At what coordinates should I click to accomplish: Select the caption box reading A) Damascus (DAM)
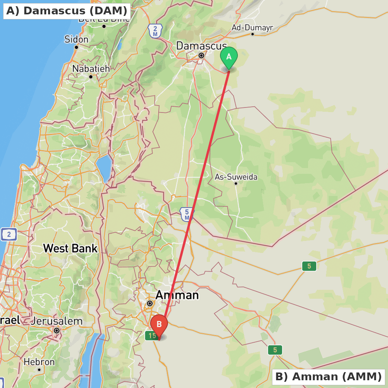click(67, 11)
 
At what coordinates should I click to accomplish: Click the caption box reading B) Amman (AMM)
click(328, 376)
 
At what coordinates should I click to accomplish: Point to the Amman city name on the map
click(177, 295)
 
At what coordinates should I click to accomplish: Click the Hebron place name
click(39, 362)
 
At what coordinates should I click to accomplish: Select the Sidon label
click(76, 39)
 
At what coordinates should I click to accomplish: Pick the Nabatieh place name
click(91, 69)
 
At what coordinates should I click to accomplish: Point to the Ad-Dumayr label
click(252, 28)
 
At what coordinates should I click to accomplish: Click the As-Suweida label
click(236, 177)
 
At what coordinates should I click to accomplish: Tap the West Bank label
click(70, 248)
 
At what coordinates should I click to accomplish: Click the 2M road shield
click(155, 31)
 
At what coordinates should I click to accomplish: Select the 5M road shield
click(187, 214)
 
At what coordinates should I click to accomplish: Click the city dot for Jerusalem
click(57, 331)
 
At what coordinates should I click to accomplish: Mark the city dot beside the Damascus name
click(201, 55)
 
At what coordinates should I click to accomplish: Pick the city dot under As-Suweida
click(236, 183)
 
